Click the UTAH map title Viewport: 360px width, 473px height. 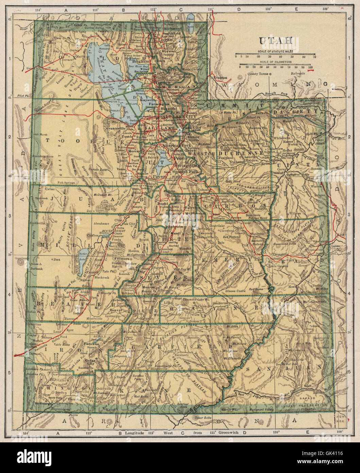click(276, 40)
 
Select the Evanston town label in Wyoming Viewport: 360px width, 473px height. click(220, 78)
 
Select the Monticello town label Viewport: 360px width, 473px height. click(319, 338)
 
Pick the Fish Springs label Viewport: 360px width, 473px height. click(66, 182)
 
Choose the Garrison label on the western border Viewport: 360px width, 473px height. click(21, 258)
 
